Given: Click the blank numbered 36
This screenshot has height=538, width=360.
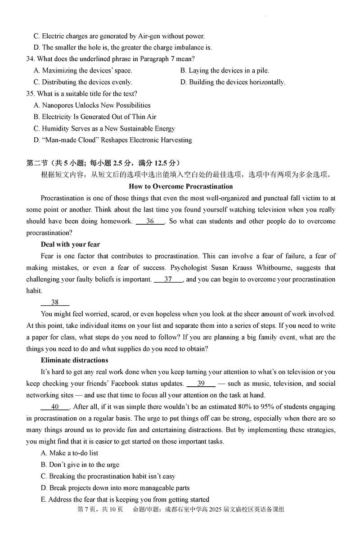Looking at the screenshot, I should point(150,221).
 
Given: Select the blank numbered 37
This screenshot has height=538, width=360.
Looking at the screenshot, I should point(168,279).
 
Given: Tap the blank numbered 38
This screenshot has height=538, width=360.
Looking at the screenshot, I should point(55,303).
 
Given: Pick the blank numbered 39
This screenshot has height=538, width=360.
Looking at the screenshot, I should point(201,384).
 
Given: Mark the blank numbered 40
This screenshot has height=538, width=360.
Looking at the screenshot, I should point(55,407).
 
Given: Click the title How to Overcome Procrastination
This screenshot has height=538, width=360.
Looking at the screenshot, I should point(180,186).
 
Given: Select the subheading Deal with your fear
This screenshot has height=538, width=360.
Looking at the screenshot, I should point(70,244).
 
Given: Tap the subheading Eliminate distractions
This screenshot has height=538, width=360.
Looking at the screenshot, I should point(74,360).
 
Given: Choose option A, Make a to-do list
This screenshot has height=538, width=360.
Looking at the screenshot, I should point(69,453).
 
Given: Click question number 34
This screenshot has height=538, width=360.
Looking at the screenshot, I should point(31,59).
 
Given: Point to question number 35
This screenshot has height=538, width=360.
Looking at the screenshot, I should point(31,94).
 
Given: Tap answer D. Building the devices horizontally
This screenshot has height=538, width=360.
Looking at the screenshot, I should point(233,82).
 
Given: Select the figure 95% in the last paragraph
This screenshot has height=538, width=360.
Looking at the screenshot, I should point(265,407).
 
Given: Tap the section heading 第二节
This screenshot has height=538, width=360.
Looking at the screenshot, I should point(36,163).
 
